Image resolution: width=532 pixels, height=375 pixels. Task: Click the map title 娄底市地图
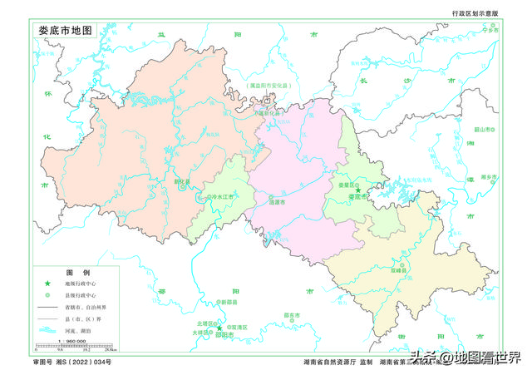tap(66, 30)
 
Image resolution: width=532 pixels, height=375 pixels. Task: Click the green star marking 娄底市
tap(358, 190)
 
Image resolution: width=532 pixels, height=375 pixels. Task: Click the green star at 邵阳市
tap(219, 328)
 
